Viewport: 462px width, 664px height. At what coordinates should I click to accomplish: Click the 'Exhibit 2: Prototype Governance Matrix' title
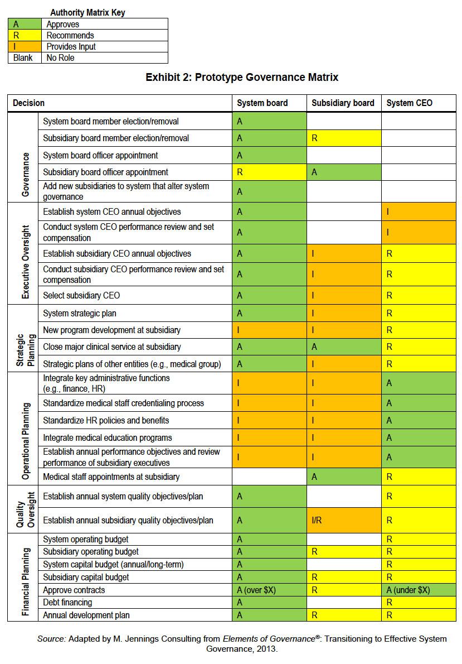(242, 78)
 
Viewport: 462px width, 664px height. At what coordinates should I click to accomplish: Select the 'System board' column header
(262, 103)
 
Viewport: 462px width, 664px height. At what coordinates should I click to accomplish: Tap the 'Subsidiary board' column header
(343, 103)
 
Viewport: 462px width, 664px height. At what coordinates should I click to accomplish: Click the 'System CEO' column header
(409, 103)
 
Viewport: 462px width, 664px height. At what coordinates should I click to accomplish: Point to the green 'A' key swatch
(25, 24)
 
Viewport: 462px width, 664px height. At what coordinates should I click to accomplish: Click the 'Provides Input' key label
(71, 46)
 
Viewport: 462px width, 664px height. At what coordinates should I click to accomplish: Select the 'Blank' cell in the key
(23, 57)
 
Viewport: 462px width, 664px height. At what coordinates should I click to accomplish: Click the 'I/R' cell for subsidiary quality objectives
(343, 520)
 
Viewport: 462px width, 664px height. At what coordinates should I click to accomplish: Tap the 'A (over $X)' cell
(269, 590)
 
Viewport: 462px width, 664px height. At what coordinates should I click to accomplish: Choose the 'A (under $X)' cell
(419, 590)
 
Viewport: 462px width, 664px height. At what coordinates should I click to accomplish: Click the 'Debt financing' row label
(67, 602)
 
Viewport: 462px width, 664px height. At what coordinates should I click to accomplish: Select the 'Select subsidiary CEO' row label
(81, 295)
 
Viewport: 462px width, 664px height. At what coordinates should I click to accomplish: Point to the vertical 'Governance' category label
(26, 175)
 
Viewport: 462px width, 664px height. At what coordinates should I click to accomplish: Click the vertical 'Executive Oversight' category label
(26, 262)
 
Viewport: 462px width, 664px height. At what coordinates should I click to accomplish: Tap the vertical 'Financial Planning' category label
(26, 581)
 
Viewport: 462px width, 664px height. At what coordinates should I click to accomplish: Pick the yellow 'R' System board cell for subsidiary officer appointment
(269, 172)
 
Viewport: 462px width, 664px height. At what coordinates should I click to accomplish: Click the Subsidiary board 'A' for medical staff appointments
(343, 477)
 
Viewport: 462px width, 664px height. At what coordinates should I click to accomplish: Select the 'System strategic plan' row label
(80, 314)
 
